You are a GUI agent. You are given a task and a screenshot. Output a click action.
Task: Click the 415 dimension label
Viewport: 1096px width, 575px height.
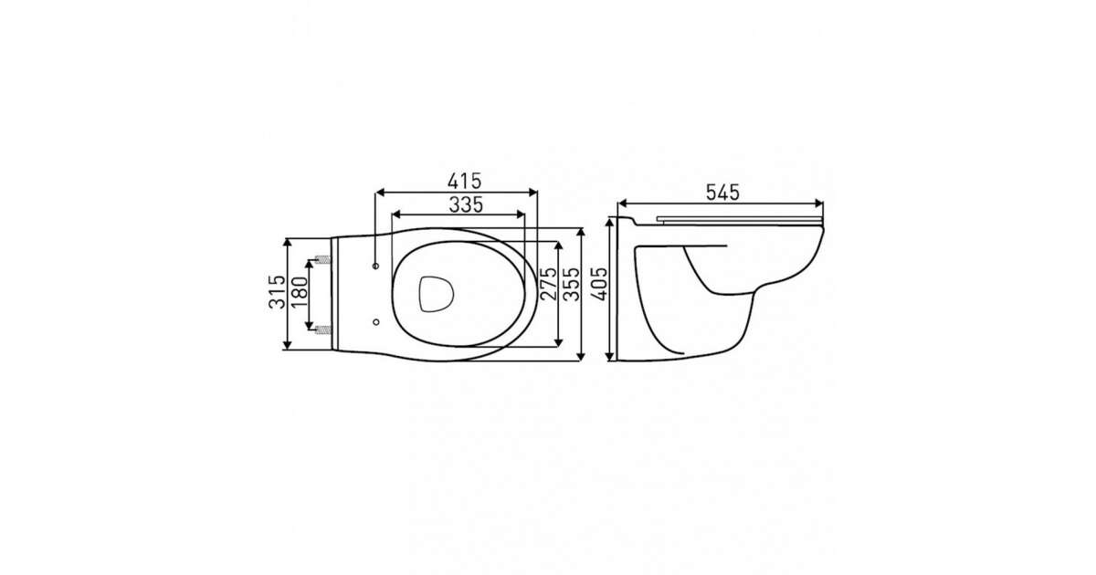tap(464, 182)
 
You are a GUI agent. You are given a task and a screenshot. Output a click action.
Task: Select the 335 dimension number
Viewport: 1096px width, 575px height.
tap(466, 204)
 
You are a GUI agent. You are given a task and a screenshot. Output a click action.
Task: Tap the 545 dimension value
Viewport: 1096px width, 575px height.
tap(722, 193)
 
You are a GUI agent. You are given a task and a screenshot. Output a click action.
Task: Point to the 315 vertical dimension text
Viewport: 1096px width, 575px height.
tap(278, 292)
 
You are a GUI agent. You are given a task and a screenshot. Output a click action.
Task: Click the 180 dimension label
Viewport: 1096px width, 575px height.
tap(300, 292)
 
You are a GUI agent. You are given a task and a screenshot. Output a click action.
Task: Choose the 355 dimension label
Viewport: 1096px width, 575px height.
tap(571, 284)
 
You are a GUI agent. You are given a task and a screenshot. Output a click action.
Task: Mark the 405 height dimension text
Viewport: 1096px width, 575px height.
tap(599, 284)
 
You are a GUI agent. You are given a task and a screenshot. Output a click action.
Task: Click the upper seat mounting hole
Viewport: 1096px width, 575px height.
tap(375, 266)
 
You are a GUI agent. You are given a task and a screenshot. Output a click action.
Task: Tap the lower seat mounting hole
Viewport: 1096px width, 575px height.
tap(375, 321)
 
